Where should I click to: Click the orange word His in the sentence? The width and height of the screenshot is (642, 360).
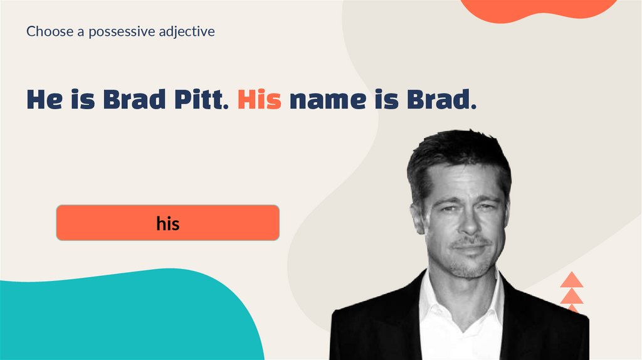pyautogui.click(x=259, y=100)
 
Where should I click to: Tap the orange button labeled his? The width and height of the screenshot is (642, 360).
pyautogui.click(x=167, y=223)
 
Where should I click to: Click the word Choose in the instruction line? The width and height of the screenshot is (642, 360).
pyautogui.click(x=50, y=31)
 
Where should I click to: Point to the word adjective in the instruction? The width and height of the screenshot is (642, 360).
pyautogui.click(x=189, y=31)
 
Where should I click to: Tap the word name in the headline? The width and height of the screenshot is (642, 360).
pyautogui.click(x=328, y=100)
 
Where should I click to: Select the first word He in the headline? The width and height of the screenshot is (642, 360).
pyautogui.click(x=45, y=100)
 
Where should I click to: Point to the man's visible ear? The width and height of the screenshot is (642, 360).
pyautogui.click(x=418, y=217)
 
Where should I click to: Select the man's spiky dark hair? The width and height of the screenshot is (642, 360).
pyautogui.click(x=458, y=154)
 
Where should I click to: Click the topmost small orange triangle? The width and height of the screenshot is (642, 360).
pyautogui.click(x=572, y=281)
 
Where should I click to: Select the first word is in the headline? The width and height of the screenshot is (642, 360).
pyautogui.click(x=83, y=100)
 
